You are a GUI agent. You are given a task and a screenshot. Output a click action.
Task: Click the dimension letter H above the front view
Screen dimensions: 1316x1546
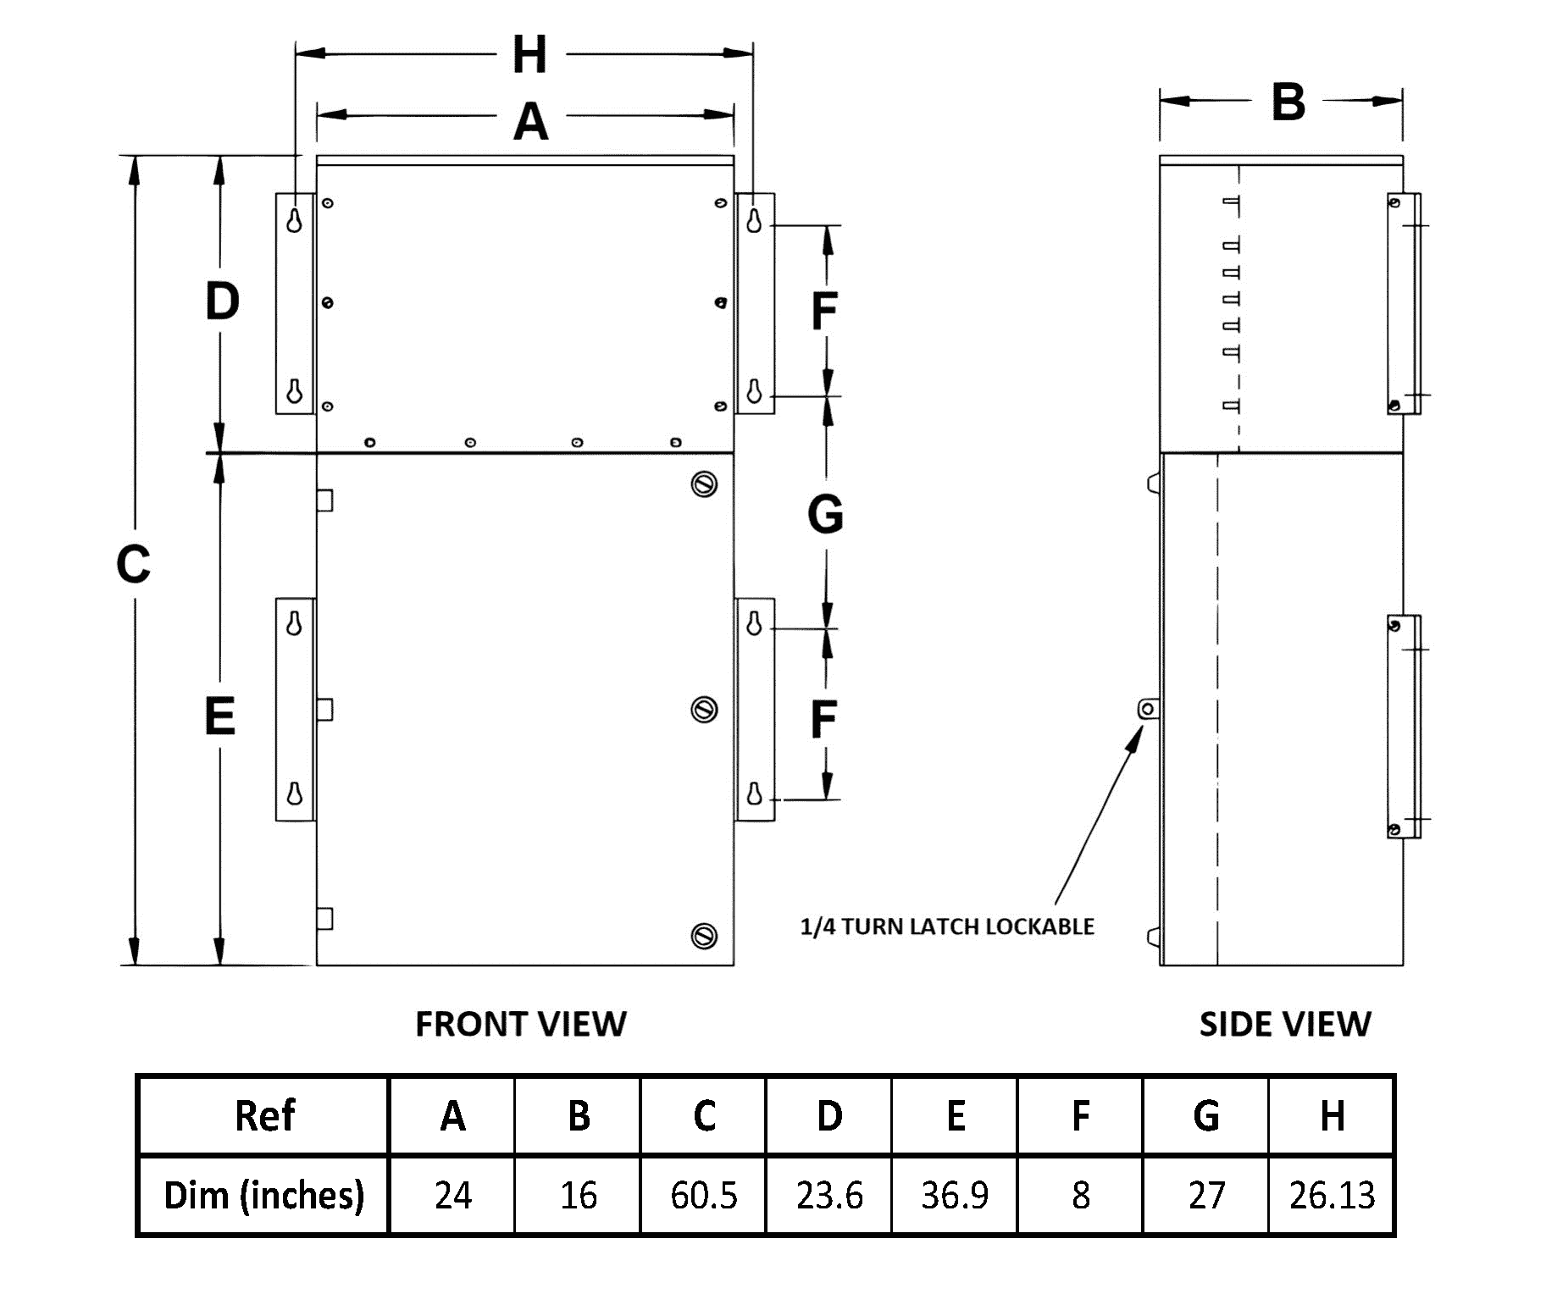530,55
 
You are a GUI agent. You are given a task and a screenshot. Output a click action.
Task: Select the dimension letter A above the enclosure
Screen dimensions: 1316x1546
531,121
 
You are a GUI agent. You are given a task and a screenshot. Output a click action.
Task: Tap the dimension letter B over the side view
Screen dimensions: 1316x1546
1288,102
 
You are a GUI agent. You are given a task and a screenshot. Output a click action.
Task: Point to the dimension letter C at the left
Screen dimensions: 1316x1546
133,565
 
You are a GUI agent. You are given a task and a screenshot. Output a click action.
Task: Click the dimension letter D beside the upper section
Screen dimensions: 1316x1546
222,302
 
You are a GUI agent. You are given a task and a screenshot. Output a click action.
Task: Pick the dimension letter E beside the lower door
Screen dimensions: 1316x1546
220,717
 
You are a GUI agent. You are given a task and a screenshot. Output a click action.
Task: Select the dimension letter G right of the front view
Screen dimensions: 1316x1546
825,514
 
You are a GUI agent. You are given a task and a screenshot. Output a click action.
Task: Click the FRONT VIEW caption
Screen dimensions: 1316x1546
521,1024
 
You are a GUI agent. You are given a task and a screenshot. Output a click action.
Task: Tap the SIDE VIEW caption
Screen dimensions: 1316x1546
1284,1025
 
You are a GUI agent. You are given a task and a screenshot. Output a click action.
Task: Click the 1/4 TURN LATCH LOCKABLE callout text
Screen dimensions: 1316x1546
947,926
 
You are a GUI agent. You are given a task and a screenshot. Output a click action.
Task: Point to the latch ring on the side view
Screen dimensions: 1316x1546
1148,708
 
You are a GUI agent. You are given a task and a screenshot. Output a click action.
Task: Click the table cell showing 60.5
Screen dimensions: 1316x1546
703,1195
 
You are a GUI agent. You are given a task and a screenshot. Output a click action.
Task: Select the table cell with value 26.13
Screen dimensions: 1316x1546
1331,1195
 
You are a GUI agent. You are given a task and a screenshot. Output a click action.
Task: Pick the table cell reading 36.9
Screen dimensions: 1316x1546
955,1195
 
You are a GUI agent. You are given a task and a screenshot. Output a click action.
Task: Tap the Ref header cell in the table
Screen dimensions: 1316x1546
264,1115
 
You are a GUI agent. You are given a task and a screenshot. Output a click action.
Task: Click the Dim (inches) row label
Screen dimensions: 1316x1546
263,1195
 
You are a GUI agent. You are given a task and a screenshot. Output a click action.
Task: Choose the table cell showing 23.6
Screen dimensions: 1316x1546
829,1195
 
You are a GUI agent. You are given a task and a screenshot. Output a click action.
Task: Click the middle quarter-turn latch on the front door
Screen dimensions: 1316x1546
704,709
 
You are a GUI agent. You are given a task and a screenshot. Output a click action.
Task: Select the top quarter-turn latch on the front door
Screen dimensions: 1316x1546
704,484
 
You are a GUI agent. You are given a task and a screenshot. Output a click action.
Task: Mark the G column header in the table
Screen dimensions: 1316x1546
1205,1115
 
